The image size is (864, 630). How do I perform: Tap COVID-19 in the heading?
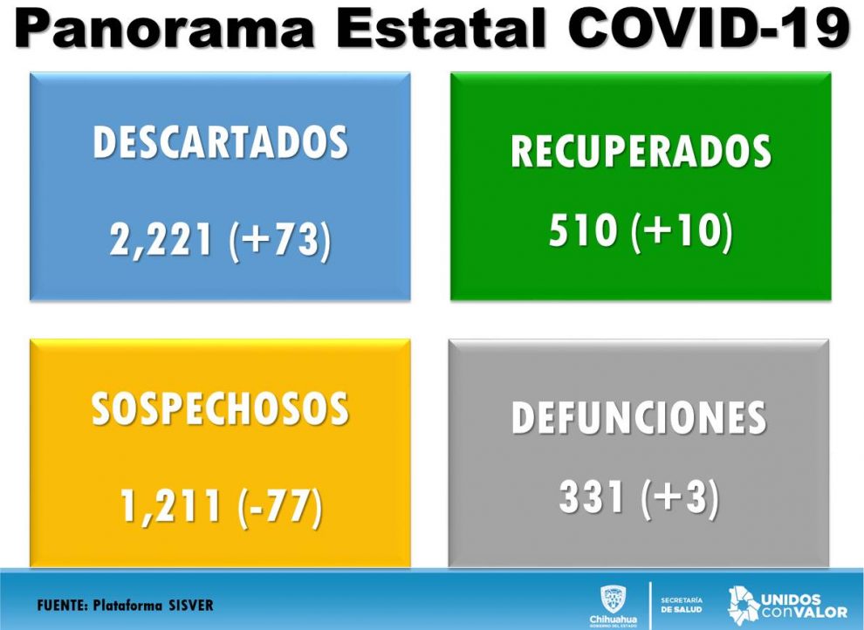coord(708,28)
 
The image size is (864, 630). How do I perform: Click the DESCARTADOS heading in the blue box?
coord(221,142)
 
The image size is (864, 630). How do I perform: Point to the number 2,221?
coord(161,240)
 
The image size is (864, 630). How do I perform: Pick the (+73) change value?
coord(280,241)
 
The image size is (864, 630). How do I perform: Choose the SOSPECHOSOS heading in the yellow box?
coord(220,408)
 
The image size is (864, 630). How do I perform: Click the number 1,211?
coord(171,506)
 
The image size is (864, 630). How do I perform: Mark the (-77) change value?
coord(280,507)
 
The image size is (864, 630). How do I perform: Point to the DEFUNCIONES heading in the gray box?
coord(639,417)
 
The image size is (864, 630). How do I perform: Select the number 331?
coord(592,496)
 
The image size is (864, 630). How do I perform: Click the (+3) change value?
coord(681,497)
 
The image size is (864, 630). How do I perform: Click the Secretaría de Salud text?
coord(682,606)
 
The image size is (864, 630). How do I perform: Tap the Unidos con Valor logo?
coord(787,606)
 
